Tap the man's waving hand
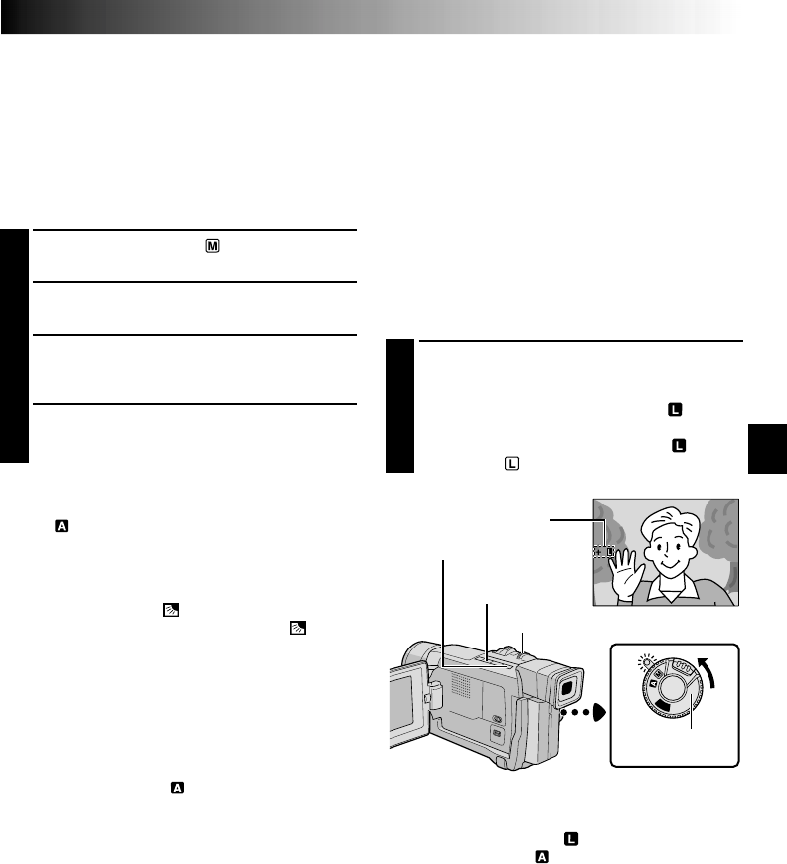(x=624, y=567)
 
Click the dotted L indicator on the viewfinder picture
(x=604, y=551)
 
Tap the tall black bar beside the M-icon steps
(x=15, y=347)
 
